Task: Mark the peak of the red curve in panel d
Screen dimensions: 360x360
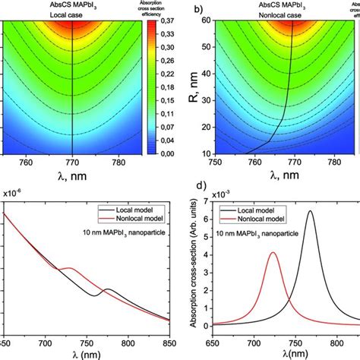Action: pyautogui.click(x=273, y=253)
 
